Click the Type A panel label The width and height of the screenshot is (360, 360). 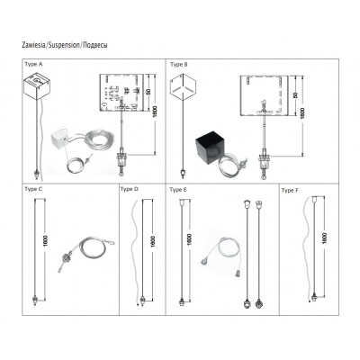33,64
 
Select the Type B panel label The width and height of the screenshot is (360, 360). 179,64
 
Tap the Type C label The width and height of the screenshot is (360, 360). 33,189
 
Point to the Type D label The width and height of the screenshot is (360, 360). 130,189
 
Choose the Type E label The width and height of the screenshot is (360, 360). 178,190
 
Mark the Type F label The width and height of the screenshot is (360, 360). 290,191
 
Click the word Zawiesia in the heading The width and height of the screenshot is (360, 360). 33,45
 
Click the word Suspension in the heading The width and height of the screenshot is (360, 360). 64,45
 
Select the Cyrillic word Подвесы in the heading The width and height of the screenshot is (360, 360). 94,45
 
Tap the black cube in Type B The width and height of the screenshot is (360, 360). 209,146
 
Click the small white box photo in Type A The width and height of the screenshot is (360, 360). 59,138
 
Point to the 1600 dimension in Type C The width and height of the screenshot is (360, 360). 46,241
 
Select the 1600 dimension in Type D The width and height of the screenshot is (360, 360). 153,241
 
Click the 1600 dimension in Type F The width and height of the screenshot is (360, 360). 325,238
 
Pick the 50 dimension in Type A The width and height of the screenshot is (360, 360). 148,91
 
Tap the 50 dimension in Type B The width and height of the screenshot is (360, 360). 295,94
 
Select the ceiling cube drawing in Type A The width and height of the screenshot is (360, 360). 37,87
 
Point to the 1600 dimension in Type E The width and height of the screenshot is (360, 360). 189,239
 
